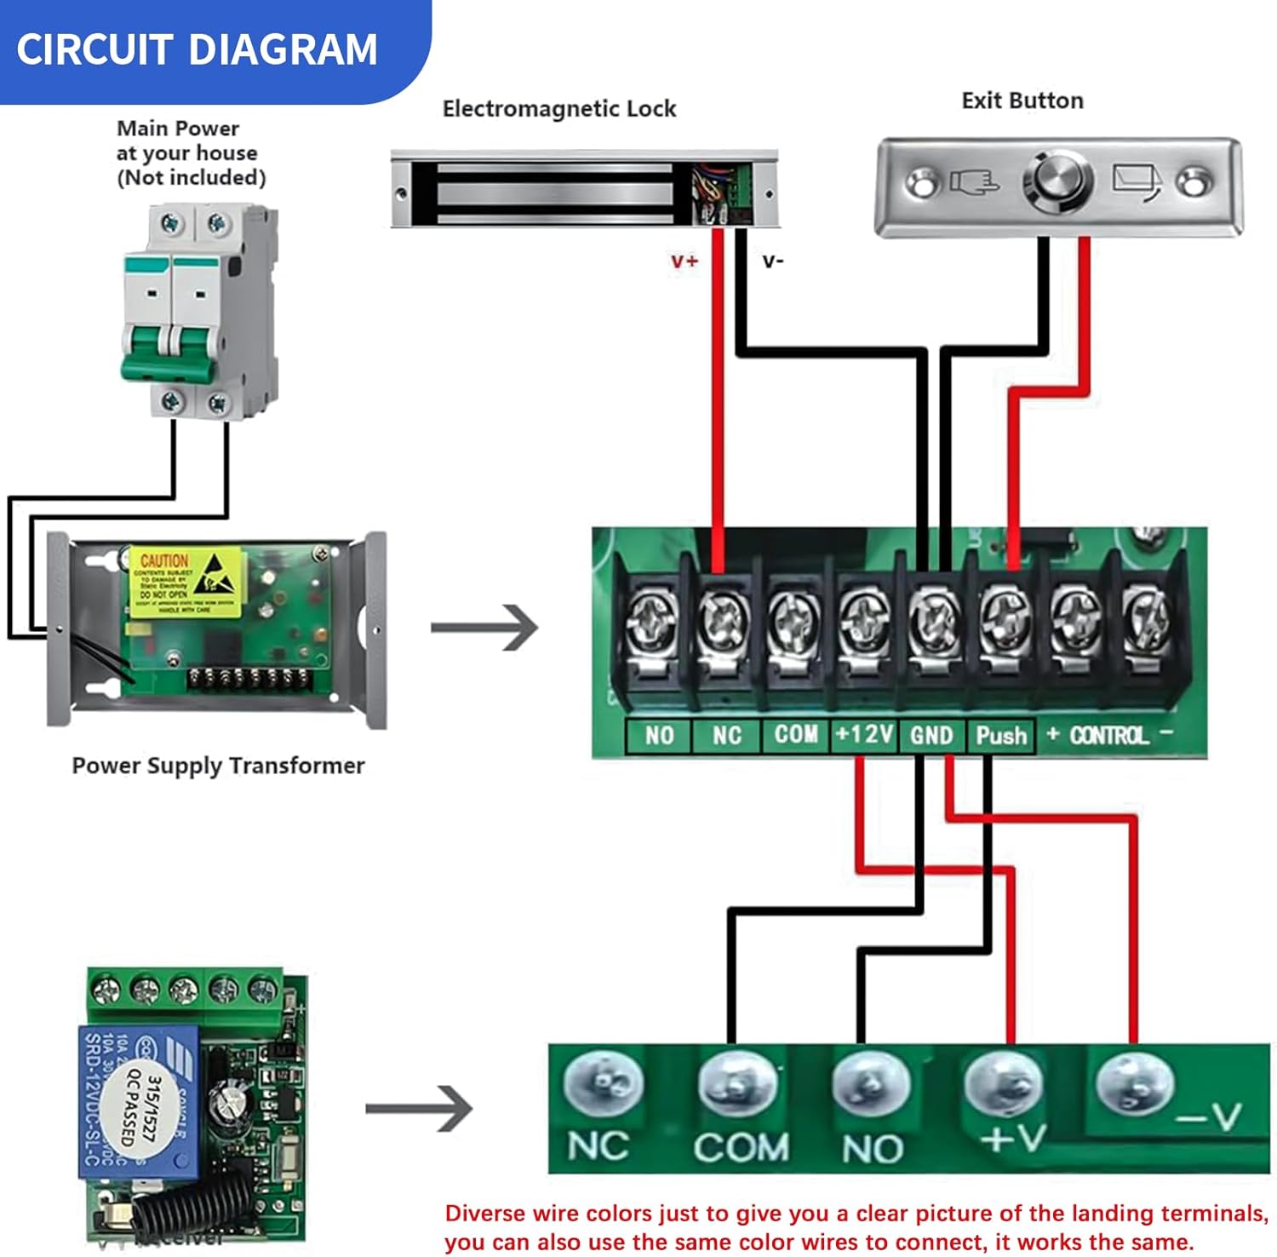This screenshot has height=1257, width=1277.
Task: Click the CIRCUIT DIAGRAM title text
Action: (x=197, y=49)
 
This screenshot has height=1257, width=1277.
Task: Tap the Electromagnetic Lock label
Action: (x=558, y=109)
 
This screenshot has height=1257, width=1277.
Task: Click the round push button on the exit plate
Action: (x=1058, y=181)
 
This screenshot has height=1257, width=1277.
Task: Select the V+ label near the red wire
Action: (x=684, y=261)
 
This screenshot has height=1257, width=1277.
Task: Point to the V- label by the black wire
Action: (x=772, y=261)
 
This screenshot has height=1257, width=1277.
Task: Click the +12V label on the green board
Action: (x=863, y=734)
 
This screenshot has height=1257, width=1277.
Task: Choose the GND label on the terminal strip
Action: (x=931, y=736)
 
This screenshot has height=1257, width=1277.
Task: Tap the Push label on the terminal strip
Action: (x=1001, y=736)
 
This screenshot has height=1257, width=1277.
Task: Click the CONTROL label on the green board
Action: (x=1108, y=736)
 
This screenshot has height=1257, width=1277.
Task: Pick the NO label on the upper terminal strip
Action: (x=659, y=736)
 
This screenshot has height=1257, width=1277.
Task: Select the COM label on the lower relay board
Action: (x=741, y=1148)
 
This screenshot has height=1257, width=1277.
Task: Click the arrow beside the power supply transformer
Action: (x=484, y=628)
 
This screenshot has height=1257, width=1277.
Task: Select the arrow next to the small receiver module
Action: (x=419, y=1108)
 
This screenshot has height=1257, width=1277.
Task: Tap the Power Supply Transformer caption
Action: (x=218, y=766)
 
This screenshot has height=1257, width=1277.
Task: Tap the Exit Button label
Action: (x=1022, y=100)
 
